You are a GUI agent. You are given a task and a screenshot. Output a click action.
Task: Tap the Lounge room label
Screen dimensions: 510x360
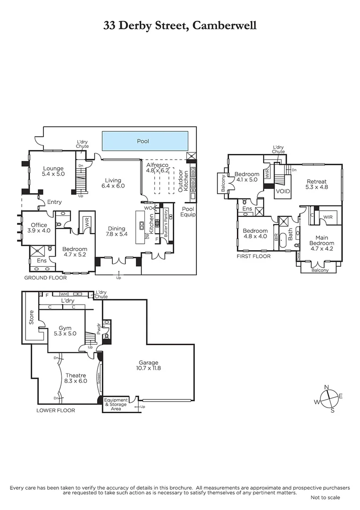coord(53,171)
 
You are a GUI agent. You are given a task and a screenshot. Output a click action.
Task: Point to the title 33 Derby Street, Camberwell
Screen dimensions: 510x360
coord(180,25)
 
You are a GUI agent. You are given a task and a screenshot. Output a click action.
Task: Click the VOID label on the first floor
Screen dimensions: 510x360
coord(283,191)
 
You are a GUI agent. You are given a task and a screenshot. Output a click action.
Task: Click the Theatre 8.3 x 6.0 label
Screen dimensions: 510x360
coord(75,378)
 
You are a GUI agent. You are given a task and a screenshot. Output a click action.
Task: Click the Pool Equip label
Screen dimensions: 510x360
coord(188,211)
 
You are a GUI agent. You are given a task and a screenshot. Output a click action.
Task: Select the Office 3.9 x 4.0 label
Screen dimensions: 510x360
coord(39,228)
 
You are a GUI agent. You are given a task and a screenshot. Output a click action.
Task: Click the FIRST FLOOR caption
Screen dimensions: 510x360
coord(254,256)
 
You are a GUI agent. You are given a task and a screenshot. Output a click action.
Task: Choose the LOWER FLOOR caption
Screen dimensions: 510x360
coord(56,410)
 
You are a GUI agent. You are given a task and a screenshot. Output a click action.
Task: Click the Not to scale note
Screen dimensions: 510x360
coord(325,497)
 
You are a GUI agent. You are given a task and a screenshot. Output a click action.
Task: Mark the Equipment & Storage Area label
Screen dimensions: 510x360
coord(116,404)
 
